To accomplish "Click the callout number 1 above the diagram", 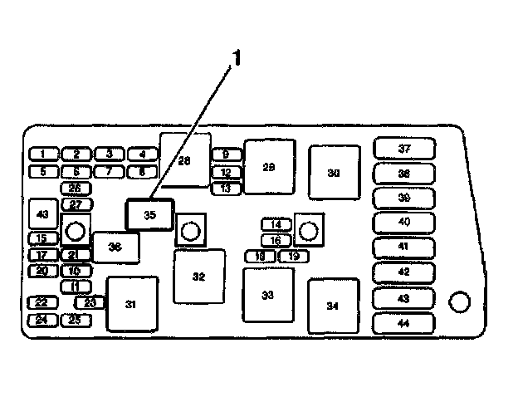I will point(237,58).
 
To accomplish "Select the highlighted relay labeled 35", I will point(149,214).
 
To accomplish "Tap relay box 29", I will point(268,168).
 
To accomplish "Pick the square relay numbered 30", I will point(334,173).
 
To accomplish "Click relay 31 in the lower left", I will point(131,304).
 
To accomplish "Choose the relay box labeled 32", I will point(198,277).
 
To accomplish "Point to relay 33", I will point(267,295).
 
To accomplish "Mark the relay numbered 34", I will point(333,306).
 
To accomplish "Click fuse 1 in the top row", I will point(43,154).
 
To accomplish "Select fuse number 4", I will point(142,154).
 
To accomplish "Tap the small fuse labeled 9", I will point(226,154).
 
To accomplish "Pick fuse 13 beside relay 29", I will point(226,189).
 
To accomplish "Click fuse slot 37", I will point(404,149).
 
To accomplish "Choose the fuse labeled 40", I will point(404,222).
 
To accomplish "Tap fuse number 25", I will point(75,320).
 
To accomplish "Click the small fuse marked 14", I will point(276,224).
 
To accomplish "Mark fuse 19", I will point(293,256).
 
